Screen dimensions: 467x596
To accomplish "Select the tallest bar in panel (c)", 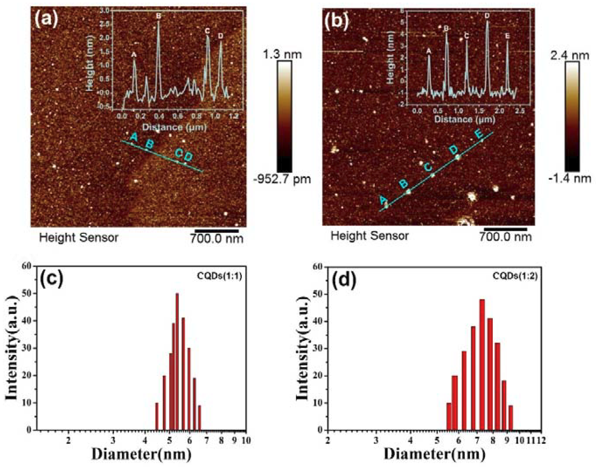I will tap(177, 351).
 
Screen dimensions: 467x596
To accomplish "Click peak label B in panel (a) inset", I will tap(159, 16).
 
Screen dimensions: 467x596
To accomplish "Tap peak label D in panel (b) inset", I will tap(487, 16).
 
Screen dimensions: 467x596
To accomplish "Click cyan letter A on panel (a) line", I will tap(133, 136).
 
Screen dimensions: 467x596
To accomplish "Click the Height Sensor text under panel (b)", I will tap(370, 236).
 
